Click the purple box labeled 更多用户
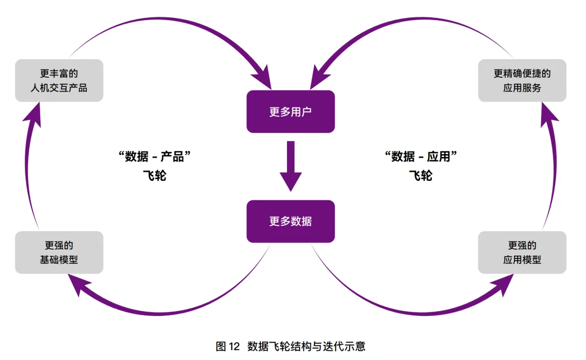click(x=290, y=112)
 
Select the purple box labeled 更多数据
click(x=290, y=222)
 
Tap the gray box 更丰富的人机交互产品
click(x=59, y=80)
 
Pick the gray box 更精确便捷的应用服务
click(x=522, y=80)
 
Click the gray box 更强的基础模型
click(x=59, y=252)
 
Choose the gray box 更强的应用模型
click(x=522, y=252)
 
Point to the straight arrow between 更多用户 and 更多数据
click(x=290, y=166)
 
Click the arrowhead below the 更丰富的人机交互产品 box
click(x=34, y=112)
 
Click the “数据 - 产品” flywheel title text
click(x=156, y=157)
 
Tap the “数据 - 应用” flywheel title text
click(x=421, y=157)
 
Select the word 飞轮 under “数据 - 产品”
click(x=156, y=176)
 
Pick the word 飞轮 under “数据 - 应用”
click(x=421, y=176)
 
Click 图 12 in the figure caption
click(x=227, y=346)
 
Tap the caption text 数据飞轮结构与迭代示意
click(x=306, y=346)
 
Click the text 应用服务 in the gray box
click(x=522, y=87)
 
